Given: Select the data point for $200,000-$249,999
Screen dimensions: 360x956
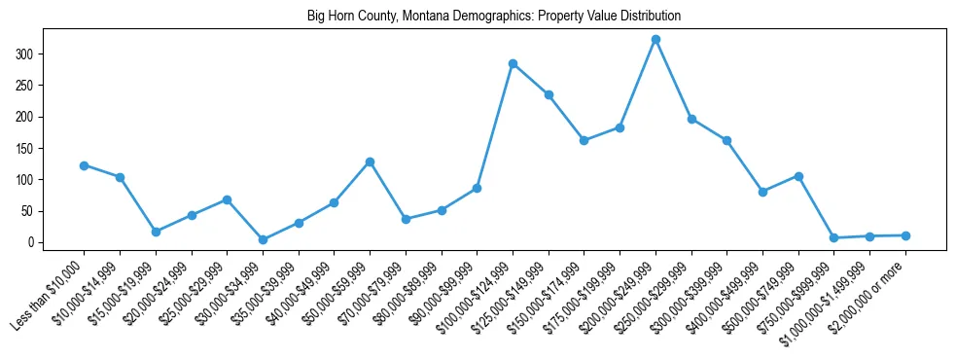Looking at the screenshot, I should click(x=655, y=40).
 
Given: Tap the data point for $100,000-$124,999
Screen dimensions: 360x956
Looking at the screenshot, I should click(x=513, y=64).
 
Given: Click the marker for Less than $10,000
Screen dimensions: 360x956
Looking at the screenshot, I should click(x=84, y=165).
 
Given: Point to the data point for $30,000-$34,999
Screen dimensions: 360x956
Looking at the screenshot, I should click(x=263, y=239).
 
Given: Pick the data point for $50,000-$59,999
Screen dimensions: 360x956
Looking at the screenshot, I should click(x=370, y=162).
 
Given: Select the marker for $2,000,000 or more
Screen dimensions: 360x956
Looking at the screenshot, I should click(x=905, y=235).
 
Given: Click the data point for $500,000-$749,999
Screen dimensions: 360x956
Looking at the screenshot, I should click(x=798, y=176).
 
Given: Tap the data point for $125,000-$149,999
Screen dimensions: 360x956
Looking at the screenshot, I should click(x=549, y=94).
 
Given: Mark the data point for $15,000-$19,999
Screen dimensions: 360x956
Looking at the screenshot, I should click(x=156, y=232).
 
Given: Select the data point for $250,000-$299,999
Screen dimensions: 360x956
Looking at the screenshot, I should click(x=691, y=119).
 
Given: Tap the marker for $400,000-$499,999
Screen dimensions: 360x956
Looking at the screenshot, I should click(x=762, y=192).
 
